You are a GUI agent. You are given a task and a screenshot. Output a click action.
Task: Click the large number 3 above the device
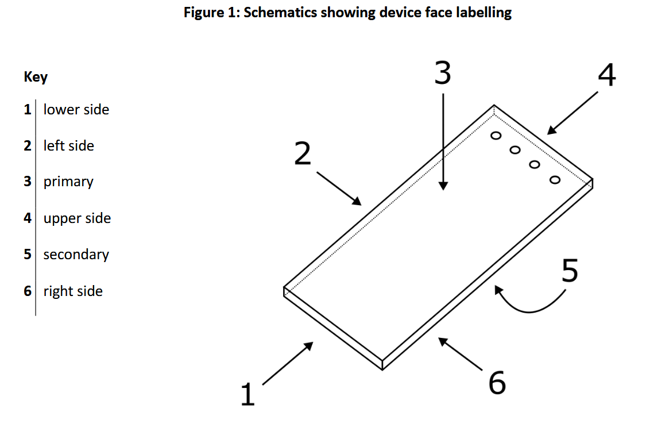[442, 73]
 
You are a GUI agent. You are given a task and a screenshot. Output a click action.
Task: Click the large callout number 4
[607, 75]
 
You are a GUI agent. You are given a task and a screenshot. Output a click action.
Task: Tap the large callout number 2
[302, 153]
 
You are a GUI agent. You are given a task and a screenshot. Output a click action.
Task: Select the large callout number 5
[569, 271]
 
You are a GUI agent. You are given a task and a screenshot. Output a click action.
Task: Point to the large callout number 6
[497, 383]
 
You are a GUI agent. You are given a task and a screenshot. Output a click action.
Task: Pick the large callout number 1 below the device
[247, 395]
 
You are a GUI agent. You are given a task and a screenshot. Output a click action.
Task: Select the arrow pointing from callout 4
[574, 113]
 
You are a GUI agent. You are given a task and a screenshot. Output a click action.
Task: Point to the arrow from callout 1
[288, 363]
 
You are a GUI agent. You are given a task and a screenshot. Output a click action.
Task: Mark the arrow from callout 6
[460, 353]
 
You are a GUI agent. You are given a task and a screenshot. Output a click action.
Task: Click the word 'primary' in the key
[68, 182]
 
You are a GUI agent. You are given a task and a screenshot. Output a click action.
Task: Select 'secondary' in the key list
[76, 255]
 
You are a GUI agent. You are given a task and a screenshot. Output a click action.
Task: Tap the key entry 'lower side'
[76, 109]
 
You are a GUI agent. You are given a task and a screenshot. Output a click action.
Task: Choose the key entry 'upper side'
[77, 218]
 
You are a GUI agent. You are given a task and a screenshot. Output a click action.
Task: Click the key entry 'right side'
[73, 291]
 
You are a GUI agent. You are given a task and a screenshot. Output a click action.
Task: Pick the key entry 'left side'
[68, 146]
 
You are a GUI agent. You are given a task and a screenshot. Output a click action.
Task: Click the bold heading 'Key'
[36, 76]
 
